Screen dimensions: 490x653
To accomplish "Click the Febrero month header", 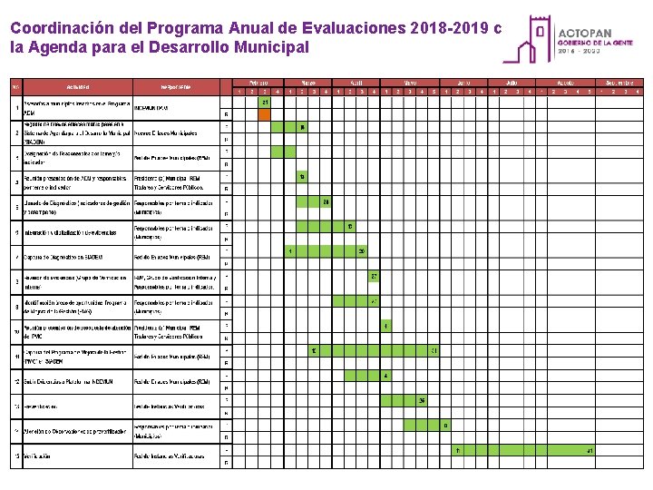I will [x=258, y=82].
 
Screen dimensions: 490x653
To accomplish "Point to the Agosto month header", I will [x=564, y=82].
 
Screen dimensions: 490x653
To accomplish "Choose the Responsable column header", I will [x=176, y=87].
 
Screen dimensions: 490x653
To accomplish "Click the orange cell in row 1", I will [x=264, y=114].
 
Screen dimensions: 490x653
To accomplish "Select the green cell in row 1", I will [x=264, y=102].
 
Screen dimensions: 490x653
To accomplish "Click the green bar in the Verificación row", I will [x=523, y=451].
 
